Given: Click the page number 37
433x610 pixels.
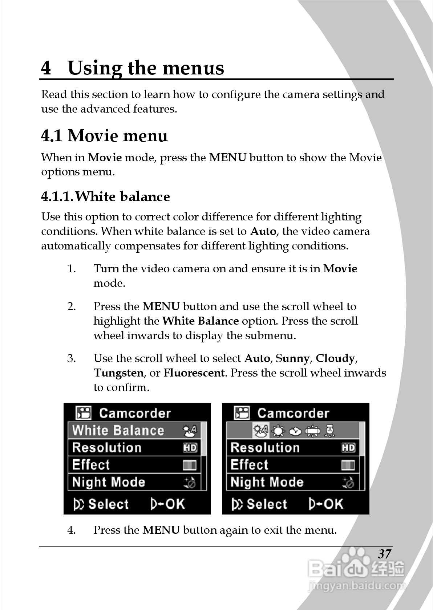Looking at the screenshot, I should (x=385, y=554).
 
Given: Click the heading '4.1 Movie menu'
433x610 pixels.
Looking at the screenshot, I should (x=104, y=136).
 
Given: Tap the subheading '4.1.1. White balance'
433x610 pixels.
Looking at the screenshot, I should (x=105, y=196).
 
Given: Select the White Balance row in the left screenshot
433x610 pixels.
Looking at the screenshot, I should (x=137, y=431).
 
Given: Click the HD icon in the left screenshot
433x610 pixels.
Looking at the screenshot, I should (x=190, y=448).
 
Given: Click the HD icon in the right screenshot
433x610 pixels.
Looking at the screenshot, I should (x=348, y=448).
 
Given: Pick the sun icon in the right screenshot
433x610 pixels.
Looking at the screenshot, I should (x=278, y=431).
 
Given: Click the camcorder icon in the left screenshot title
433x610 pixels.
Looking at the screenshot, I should (x=84, y=413).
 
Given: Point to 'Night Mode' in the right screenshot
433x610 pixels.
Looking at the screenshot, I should (x=267, y=482).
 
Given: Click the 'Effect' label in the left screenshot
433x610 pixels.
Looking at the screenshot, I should (x=91, y=465).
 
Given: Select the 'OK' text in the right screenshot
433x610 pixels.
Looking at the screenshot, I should (x=333, y=504).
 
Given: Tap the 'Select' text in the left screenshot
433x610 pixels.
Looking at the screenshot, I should (x=108, y=504).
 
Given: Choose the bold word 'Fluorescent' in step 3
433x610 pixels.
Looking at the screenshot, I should (x=194, y=373).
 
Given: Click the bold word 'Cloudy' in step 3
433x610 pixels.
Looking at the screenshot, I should (x=335, y=358).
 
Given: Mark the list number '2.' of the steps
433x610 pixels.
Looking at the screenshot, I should (x=72, y=306).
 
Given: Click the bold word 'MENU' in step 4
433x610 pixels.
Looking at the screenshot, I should (x=161, y=530).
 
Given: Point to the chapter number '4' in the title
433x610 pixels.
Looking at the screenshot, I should (x=46, y=68).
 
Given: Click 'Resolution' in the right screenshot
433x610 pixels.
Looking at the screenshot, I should (x=265, y=448).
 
